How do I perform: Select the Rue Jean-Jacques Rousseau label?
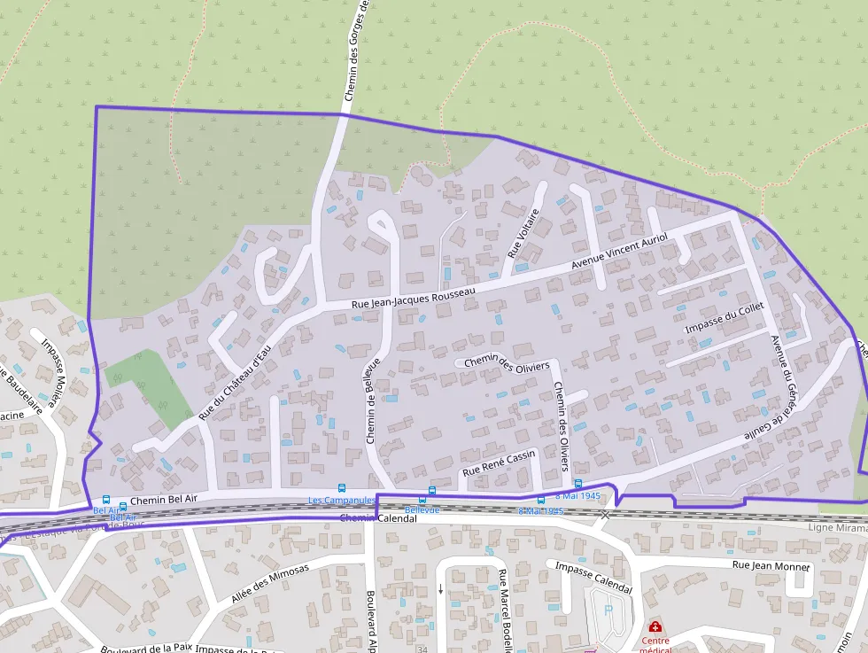point(414,298)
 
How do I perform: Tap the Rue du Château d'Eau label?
point(234,383)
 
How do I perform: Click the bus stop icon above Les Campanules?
point(342,488)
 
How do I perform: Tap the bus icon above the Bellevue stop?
point(432,491)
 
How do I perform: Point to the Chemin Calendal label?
point(377,518)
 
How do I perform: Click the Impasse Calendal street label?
point(593,577)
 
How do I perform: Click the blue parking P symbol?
point(608,610)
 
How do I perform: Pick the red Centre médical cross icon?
point(655,626)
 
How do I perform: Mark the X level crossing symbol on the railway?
point(605,513)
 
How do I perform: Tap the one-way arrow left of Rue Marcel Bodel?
point(440,589)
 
